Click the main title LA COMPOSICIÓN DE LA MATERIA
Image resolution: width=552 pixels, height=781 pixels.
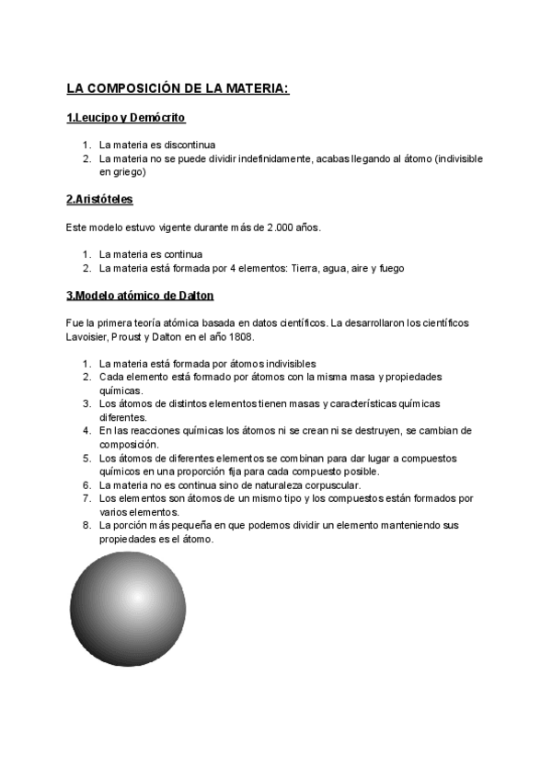pyautogui.click(x=178, y=88)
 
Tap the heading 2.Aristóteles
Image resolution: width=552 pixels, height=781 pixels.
pyautogui.click(x=106, y=199)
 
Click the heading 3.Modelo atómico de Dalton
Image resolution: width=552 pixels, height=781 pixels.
pyautogui.click(x=140, y=295)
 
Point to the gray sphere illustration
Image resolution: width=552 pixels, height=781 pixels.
pyautogui.click(x=128, y=610)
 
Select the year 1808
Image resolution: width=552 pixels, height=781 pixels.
pyautogui.click(x=242, y=337)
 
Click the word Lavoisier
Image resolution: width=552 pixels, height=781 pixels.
pyautogui.click(x=88, y=337)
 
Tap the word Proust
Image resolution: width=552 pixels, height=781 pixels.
pyautogui.click(x=134, y=337)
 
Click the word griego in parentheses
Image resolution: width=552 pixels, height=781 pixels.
pyautogui.click(x=119, y=171)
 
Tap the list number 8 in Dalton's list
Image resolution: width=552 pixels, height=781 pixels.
pyautogui.click(x=86, y=525)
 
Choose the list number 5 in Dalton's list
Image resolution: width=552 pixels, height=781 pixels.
pyautogui.click(x=86, y=458)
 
